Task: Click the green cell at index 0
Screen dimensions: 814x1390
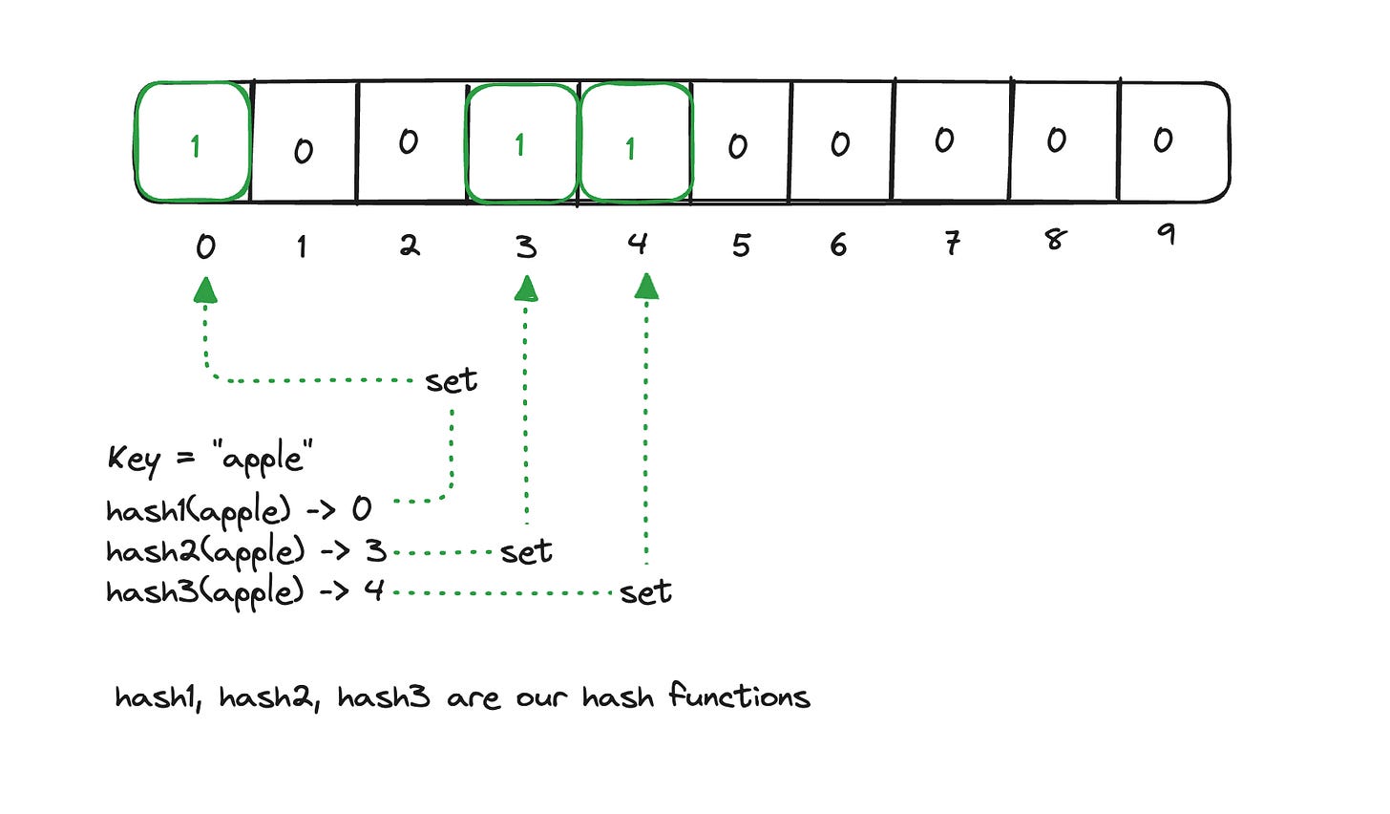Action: click(194, 143)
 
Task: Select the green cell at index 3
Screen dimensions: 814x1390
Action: click(521, 143)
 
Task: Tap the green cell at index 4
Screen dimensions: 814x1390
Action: click(634, 143)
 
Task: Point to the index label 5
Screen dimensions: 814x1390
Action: click(741, 246)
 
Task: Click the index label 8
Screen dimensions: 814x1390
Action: click(1055, 238)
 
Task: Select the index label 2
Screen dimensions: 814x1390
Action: click(410, 246)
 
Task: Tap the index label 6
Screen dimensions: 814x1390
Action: click(838, 246)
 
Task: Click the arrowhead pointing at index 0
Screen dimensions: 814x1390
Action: click(205, 289)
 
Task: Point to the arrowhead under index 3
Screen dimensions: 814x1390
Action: click(526, 289)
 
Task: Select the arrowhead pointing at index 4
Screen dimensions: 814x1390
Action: click(647, 286)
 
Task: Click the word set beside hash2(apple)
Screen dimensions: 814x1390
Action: click(526, 552)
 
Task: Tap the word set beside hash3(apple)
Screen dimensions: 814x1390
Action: click(645, 592)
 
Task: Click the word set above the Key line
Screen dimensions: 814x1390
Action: click(452, 380)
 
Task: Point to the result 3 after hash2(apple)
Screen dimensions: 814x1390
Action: click(375, 551)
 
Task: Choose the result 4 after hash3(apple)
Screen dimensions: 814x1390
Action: click(373, 590)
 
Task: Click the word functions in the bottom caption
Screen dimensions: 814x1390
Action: click(739, 696)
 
